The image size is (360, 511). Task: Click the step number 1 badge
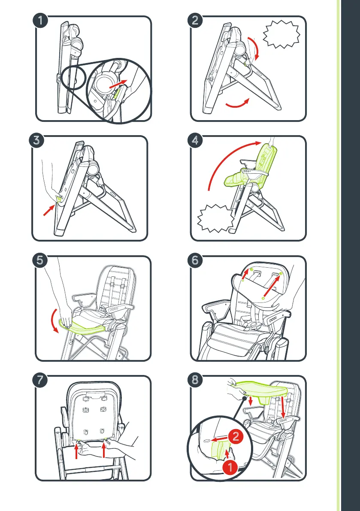click(x=41, y=21)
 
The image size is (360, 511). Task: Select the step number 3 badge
click(x=37, y=141)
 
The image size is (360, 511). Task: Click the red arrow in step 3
click(x=48, y=210)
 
